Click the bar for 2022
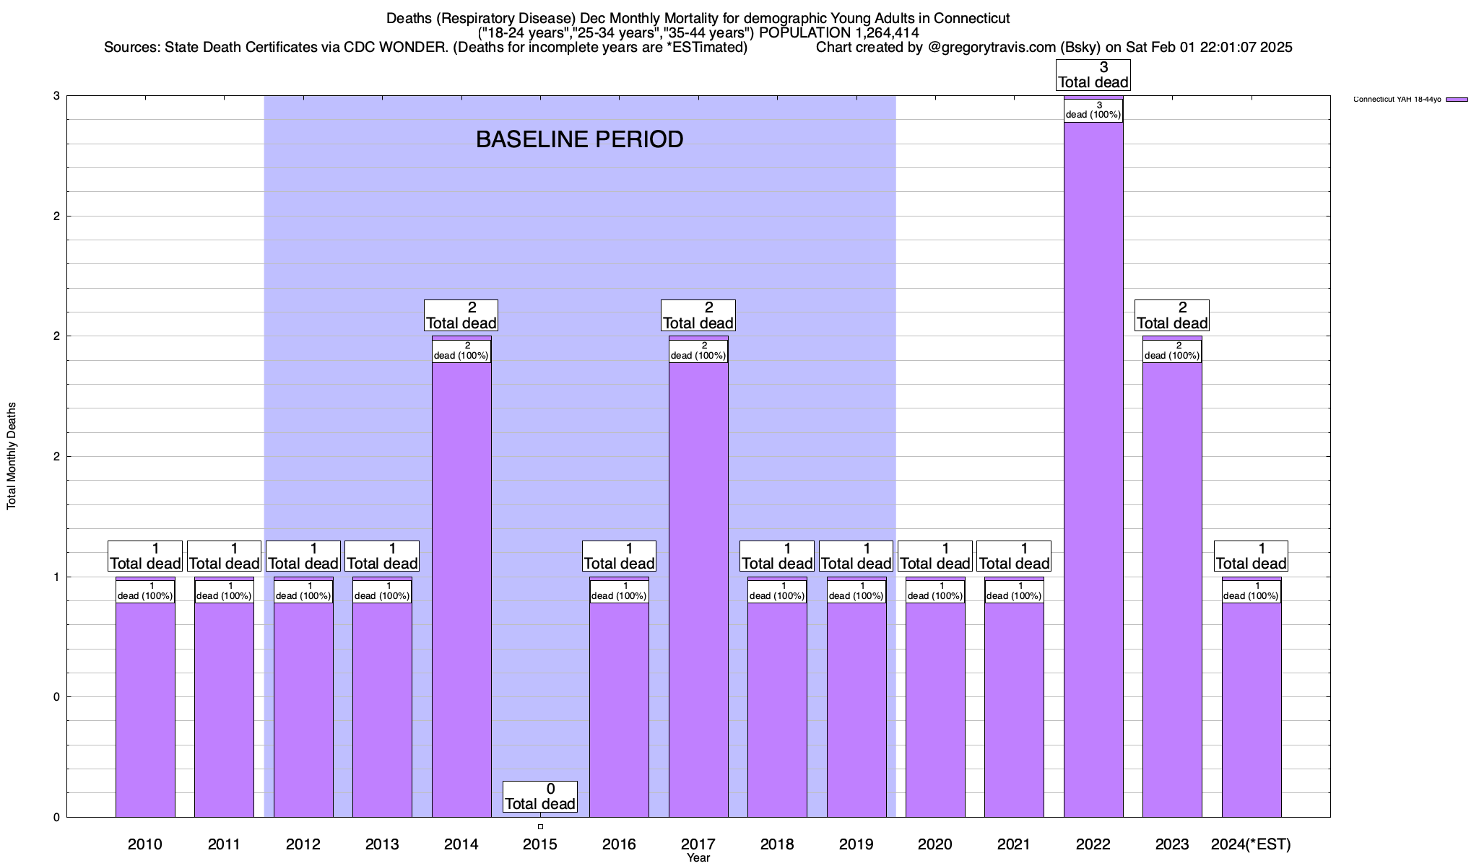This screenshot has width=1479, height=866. point(1093,469)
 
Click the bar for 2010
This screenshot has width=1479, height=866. point(145,707)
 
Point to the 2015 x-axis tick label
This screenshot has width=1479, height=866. point(540,844)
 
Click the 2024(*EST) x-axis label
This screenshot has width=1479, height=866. point(1251,844)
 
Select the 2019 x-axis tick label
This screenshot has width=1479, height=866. point(856,844)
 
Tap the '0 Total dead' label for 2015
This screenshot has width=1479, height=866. point(540,797)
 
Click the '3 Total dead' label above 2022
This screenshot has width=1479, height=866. point(1093,75)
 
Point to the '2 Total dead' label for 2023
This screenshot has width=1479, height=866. point(1172,315)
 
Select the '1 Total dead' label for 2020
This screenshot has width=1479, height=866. point(935,556)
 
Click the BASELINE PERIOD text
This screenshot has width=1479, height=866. point(579,139)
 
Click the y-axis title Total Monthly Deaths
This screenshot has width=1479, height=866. point(12,456)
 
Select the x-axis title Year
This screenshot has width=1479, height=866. point(698,858)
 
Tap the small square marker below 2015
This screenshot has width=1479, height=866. point(540,827)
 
